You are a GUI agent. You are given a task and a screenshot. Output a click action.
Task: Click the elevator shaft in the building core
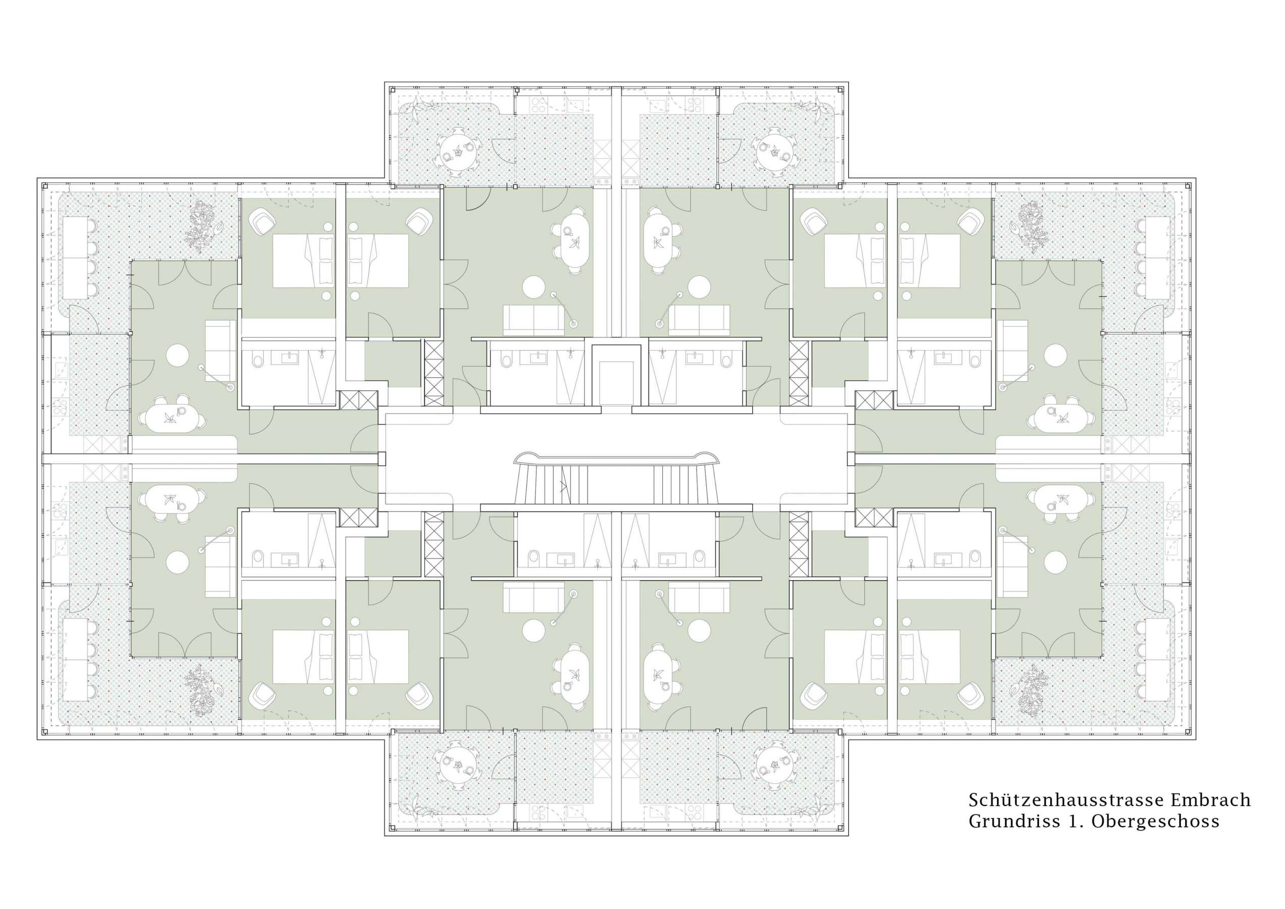(x=616, y=375)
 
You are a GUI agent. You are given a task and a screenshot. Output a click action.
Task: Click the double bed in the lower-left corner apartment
(x=303, y=656)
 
